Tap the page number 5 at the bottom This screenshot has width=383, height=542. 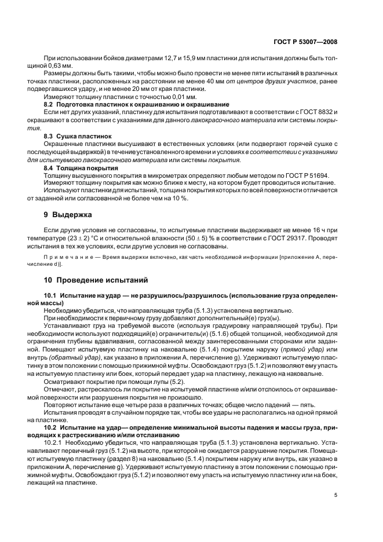click(335, 495)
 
